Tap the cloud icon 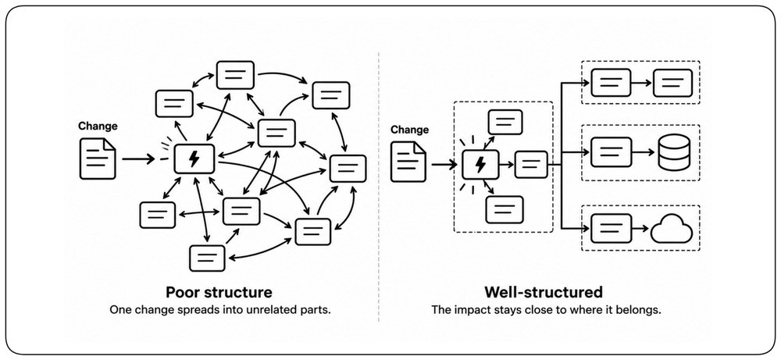(672, 229)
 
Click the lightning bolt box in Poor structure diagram (194, 159)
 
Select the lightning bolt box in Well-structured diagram (480, 164)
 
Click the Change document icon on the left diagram (98, 159)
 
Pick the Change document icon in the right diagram (408, 162)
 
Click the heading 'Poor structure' (219, 292)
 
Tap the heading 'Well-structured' (544, 292)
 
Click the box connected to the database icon (612, 151)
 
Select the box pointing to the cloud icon (612, 229)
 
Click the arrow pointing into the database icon (643, 151)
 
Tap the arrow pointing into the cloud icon (640, 229)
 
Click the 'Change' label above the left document (98, 126)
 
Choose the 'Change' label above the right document (409, 130)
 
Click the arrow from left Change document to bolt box (139, 159)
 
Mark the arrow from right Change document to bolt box (444, 164)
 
